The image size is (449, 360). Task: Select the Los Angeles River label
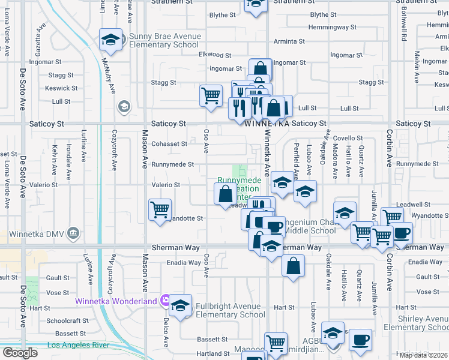pyautogui.click(x=78, y=345)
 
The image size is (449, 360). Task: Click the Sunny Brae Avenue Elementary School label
pyautogui.click(x=164, y=41)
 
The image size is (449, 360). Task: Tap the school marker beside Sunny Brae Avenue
pyautogui.click(x=110, y=40)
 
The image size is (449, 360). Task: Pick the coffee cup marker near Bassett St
pyautogui.click(x=360, y=339)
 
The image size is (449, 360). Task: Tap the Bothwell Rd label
pyautogui.click(x=405, y=27)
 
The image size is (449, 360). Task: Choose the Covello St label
pyautogui.click(x=349, y=138)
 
